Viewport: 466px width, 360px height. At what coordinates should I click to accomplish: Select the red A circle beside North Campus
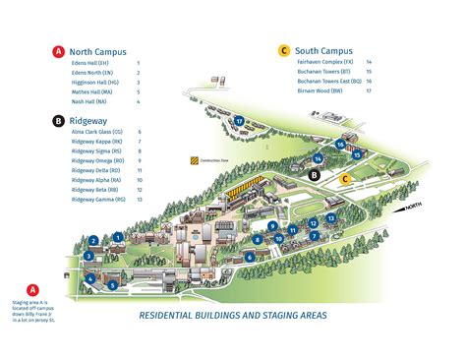[x=60, y=51]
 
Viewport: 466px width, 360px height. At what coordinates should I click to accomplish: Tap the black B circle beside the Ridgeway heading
[x=60, y=120]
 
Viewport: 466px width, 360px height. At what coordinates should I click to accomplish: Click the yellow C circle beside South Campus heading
[x=284, y=49]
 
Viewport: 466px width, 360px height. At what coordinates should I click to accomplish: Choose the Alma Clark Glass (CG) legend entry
[x=96, y=131]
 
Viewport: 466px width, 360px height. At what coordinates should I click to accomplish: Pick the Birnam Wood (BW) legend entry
[x=320, y=91]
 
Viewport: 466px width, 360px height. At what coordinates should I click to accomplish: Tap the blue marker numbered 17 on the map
[x=239, y=120]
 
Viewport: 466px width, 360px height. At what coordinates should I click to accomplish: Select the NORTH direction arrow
[x=409, y=208]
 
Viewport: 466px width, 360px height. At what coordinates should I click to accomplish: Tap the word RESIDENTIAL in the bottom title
[x=175, y=316]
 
